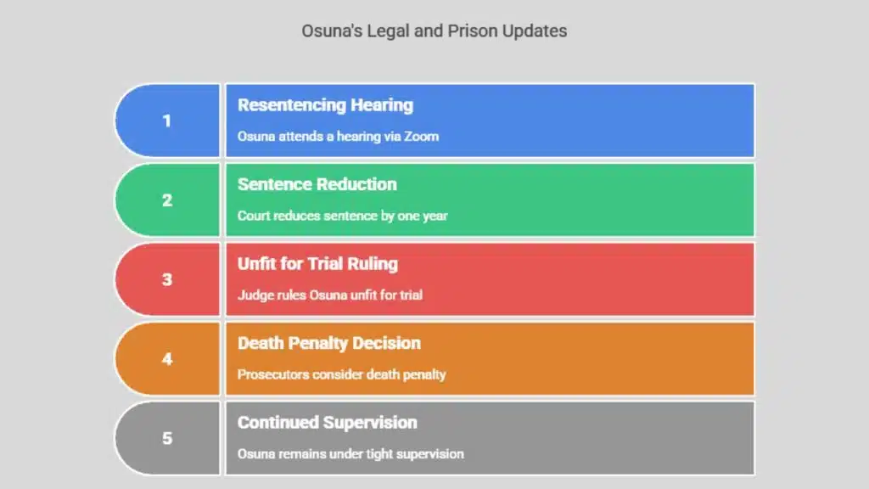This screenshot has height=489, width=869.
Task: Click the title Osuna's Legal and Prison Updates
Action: (x=434, y=31)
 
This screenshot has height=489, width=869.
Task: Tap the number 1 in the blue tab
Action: (x=167, y=121)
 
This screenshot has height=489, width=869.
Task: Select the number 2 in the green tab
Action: (x=167, y=200)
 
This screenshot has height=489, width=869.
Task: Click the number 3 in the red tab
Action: (x=167, y=279)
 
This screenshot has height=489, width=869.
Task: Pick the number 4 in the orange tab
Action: (x=167, y=359)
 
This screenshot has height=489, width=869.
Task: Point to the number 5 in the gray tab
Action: (x=167, y=438)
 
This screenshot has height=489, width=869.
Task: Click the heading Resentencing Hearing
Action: (x=325, y=105)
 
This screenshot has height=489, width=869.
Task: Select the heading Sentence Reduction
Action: (x=317, y=184)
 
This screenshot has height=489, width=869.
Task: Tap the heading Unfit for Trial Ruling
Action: (x=317, y=264)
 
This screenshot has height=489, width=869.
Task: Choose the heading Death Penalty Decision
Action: (x=329, y=343)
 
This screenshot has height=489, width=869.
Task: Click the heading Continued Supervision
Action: (x=327, y=423)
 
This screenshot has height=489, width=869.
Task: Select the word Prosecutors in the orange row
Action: (x=273, y=374)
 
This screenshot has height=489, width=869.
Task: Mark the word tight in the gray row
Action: (x=379, y=454)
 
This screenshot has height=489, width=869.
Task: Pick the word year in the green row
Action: (x=435, y=216)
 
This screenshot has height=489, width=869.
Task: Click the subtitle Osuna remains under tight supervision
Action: (x=350, y=454)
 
